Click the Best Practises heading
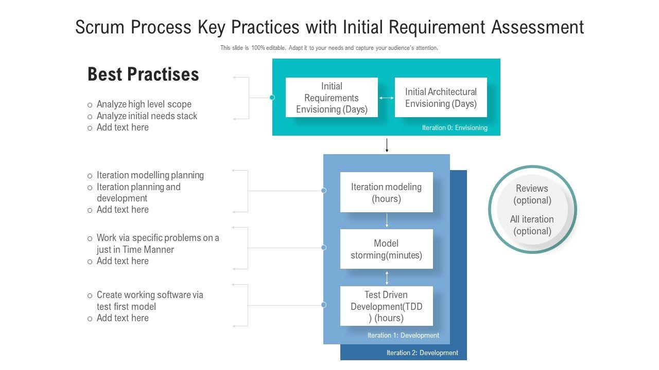pos(143,75)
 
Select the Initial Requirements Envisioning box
pos(332,98)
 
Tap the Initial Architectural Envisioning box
pos(441,98)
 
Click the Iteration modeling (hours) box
pos(386,193)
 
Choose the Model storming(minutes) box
pos(386,249)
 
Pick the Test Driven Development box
pos(386,306)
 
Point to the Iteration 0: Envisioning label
pos(455,128)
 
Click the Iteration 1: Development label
pos(403,336)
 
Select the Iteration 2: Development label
pos(422,353)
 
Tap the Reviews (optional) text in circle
pos(532,194)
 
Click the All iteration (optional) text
pos(532,225)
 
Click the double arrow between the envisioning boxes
pos(386,98)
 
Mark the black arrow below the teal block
pos(387,145)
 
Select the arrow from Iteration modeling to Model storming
pos(387,220)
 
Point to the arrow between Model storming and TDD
pos(387,277)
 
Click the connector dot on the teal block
pos(272,98)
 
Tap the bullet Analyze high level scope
pos(144,104)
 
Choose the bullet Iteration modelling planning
pos(150,175)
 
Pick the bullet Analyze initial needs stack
pos(147,116)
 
